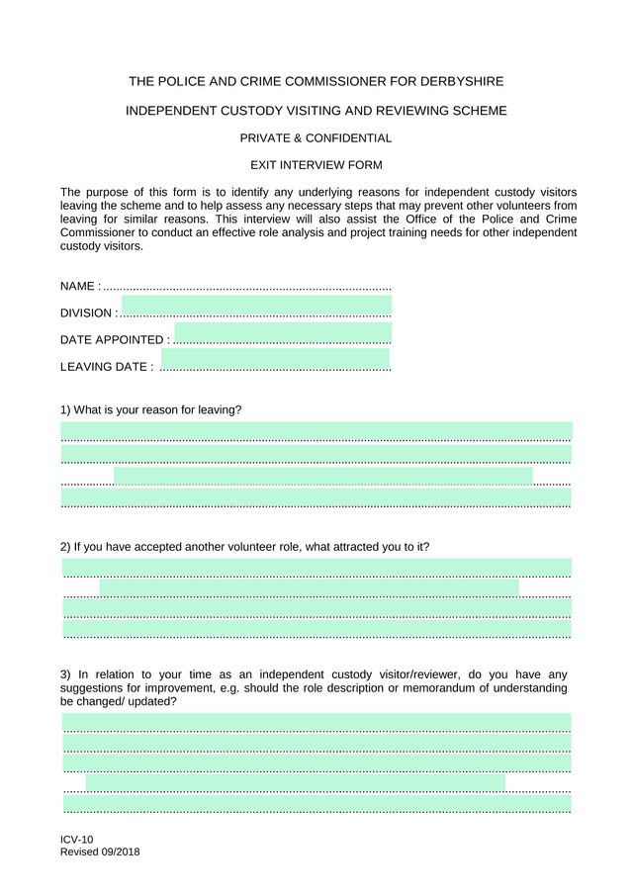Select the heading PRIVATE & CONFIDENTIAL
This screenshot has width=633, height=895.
tap(316, 138)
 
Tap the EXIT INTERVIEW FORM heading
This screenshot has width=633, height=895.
tap(316, 165)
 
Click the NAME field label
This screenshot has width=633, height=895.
tap(78, 286)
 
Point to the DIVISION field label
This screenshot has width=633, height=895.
tap(87, 313)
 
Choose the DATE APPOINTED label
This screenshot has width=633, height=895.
tap(112, 339)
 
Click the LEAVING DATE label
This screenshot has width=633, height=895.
tap(104, 367)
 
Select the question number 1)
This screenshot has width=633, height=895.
tap(65, 409)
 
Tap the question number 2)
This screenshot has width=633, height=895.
tap(65, 547)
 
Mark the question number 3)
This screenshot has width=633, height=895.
tap(65, 675)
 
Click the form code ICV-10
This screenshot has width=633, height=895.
tap(77, 839)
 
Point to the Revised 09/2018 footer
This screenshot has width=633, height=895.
tap(100, 851)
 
